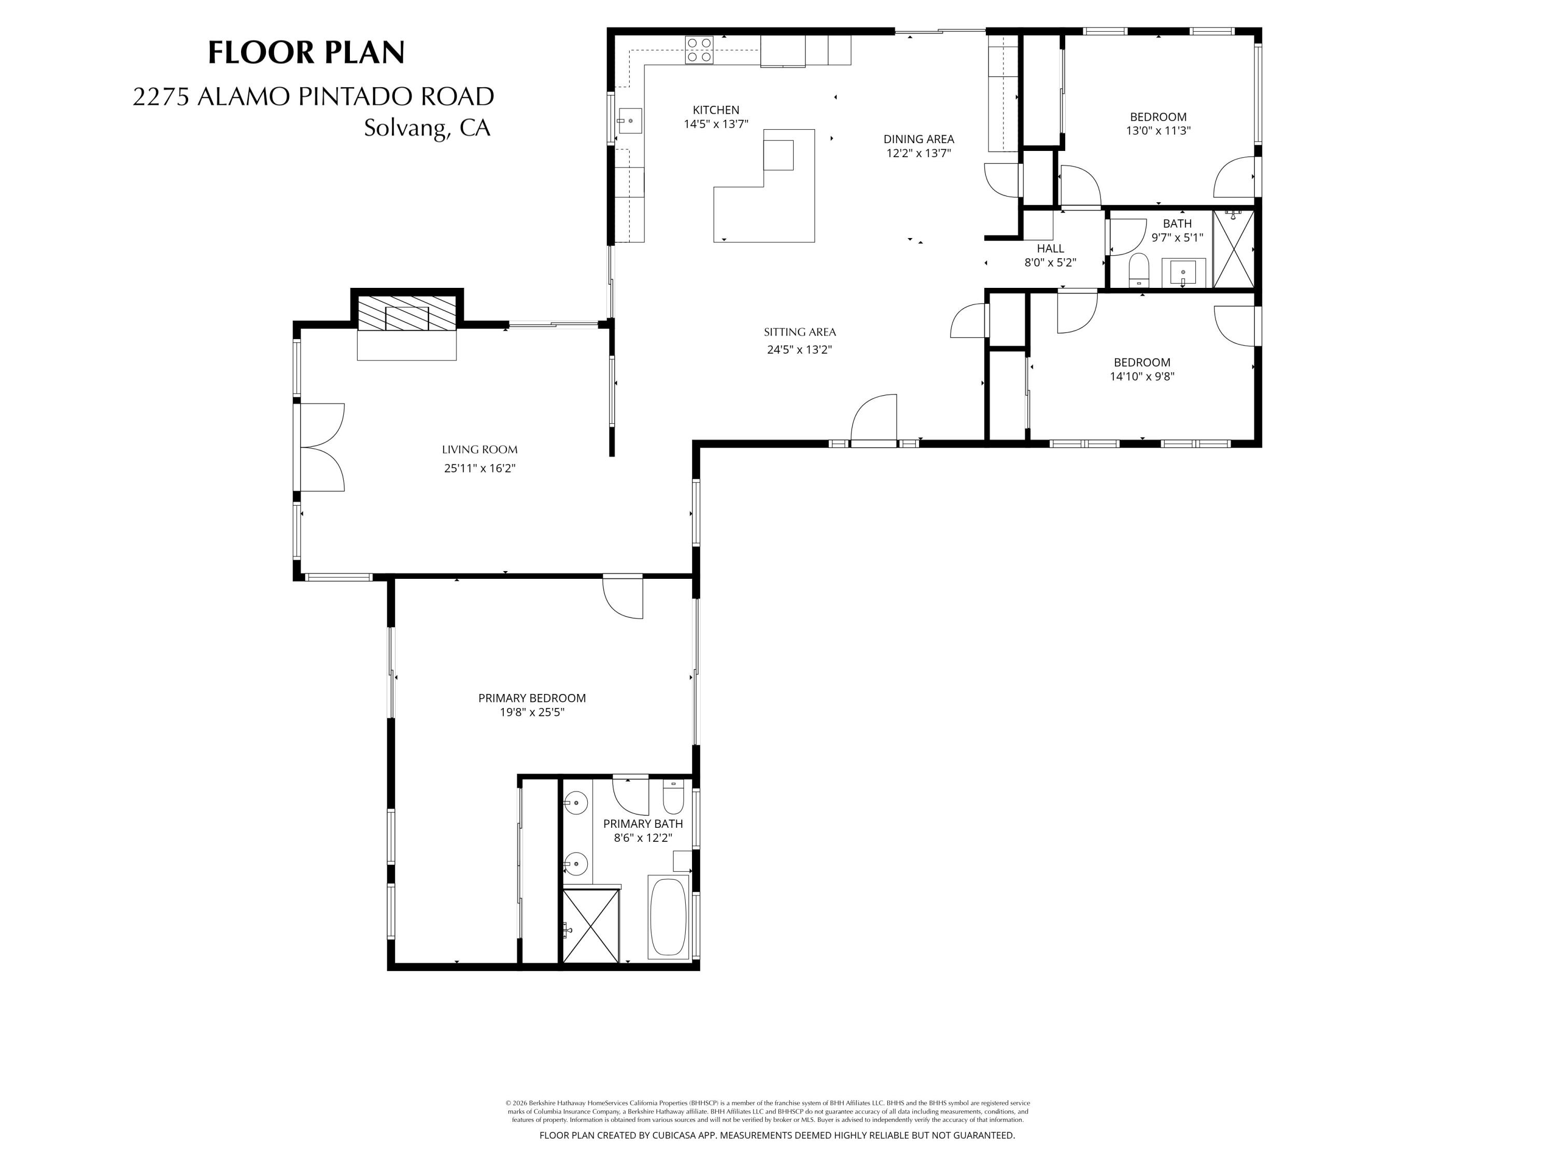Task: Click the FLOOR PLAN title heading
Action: coord(306,53)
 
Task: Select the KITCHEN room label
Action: coord(716,110)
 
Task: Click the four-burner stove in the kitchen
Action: coord(699,50)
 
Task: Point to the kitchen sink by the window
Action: coord(630,121)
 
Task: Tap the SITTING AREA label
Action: coord(799,332)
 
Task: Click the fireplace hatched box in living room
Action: coord(406,312)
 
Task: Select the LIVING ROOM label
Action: coord(479,450)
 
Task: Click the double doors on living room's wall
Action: coord(321,448)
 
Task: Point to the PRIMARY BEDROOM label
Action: coord(531,698)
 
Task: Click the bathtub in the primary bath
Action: coord(667,918)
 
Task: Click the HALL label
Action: coord(1050,248)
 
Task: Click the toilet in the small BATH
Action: coord(1138,270)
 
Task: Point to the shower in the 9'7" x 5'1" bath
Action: coord(1233,249)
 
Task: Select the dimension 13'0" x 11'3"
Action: coord(1158,131)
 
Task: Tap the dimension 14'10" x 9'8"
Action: coord(1142,377)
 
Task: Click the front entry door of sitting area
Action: coord(874,422)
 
